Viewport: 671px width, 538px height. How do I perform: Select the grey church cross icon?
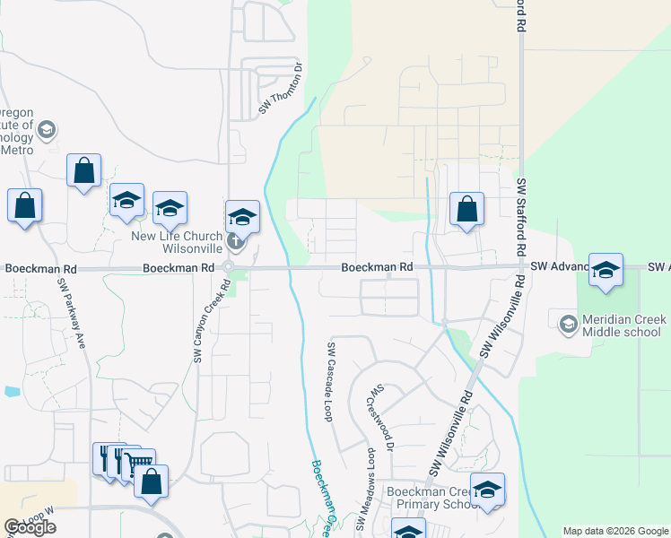(x=235, y=239)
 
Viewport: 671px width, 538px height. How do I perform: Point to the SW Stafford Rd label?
(x=520, y=214)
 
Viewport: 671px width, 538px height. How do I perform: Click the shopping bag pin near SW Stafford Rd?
(x=466, y=211)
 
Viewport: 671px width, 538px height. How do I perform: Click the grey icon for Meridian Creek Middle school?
(x=568, y=321)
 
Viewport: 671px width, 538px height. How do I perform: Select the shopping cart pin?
(x=138, y=464)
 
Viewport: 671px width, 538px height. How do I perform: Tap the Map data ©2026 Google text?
(x=614, y=531)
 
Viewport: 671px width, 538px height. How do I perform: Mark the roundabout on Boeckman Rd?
(x=229, y=267)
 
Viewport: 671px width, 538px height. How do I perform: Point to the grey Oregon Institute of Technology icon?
(x=47, y=131)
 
